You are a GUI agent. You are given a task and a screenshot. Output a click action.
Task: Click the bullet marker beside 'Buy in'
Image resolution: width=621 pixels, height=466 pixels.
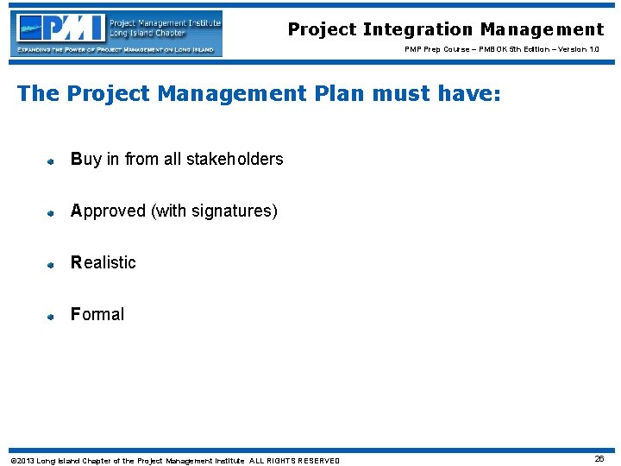[51, 161]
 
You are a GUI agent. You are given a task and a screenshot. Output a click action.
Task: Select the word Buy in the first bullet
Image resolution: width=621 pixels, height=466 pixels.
[85, 160]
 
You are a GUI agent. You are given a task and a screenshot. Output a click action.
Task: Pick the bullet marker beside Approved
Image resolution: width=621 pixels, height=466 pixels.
[51, 212]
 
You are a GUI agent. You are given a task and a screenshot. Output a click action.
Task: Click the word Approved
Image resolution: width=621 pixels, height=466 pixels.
[109, 211]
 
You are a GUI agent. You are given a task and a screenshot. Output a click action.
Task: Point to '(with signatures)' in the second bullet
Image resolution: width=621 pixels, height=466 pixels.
[215, 211]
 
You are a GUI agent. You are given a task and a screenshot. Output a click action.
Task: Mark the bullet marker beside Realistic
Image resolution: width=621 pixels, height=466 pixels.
[51, 264]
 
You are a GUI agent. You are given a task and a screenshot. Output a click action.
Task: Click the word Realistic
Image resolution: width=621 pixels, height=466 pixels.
[103, 262]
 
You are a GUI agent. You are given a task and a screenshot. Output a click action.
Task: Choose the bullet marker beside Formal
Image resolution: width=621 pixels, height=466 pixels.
[51, 316]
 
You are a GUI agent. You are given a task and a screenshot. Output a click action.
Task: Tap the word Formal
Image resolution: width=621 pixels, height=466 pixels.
[97, 314]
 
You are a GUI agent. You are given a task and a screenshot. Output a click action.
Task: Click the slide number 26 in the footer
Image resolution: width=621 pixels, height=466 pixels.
[599, 459]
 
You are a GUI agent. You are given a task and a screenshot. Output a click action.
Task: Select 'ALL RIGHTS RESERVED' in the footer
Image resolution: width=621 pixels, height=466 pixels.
[295, 460]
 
